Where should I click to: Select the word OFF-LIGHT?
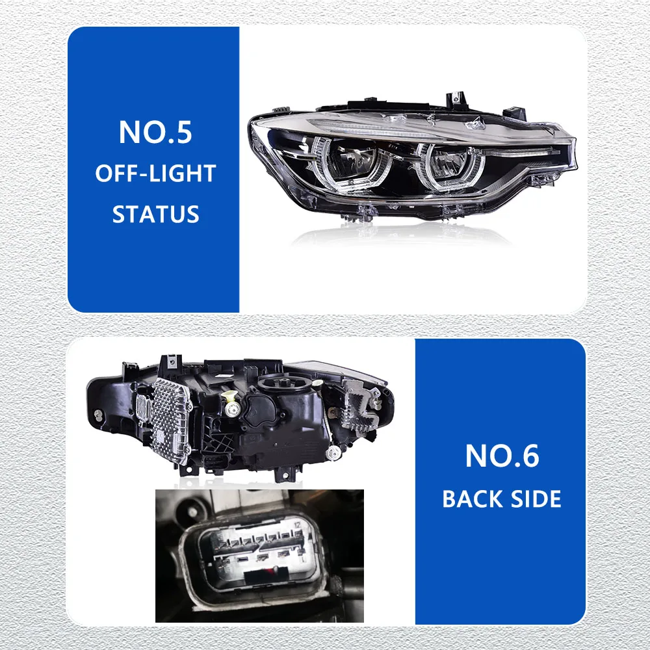click(155, 174)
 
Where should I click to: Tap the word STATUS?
click(155, 214)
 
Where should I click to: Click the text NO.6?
click(502, 457)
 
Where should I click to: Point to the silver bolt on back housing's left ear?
click(97, 414)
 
